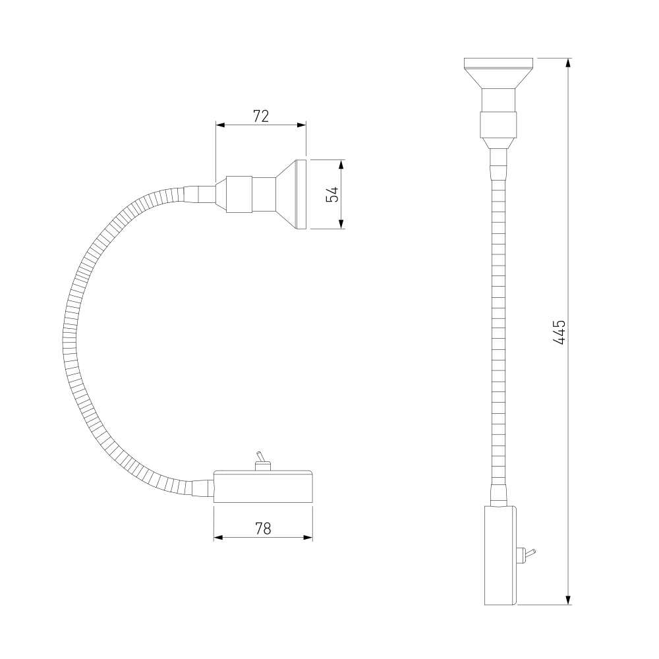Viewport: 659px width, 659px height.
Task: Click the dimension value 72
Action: coord(261,116)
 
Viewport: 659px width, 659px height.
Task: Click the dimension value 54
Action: coord(332,194)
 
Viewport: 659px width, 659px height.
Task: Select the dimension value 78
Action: coord(263,529)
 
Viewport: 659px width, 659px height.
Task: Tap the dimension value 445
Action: coord(559,332)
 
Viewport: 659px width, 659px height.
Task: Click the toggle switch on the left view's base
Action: coord(262,461)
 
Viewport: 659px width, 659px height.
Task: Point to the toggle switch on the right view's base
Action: coord(526,554)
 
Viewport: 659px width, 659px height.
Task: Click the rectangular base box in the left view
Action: coord(263,487)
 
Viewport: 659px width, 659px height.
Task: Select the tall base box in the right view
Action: coord(501,555)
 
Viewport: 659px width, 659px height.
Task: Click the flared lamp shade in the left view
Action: coord(291,194)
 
